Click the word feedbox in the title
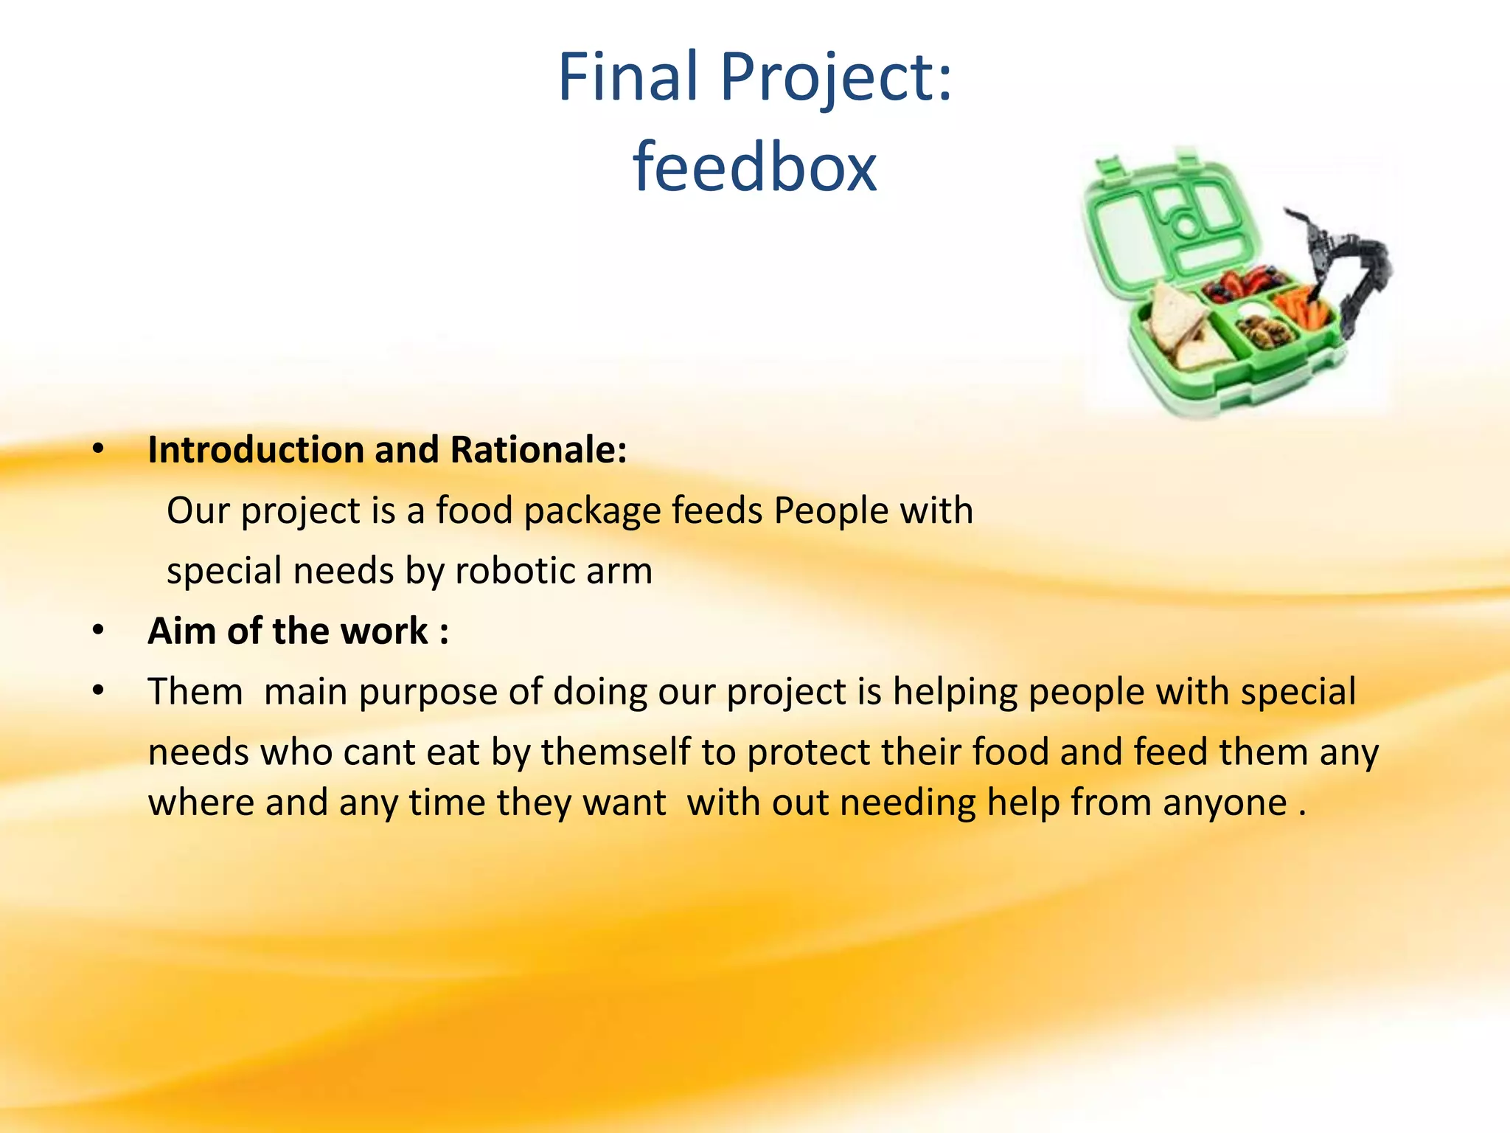(754, 167)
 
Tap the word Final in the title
(627, 77)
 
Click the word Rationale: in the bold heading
(538, 450)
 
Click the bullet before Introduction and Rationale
(98, 448)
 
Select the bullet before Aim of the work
(98, 631)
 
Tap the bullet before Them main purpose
(98, 691)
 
